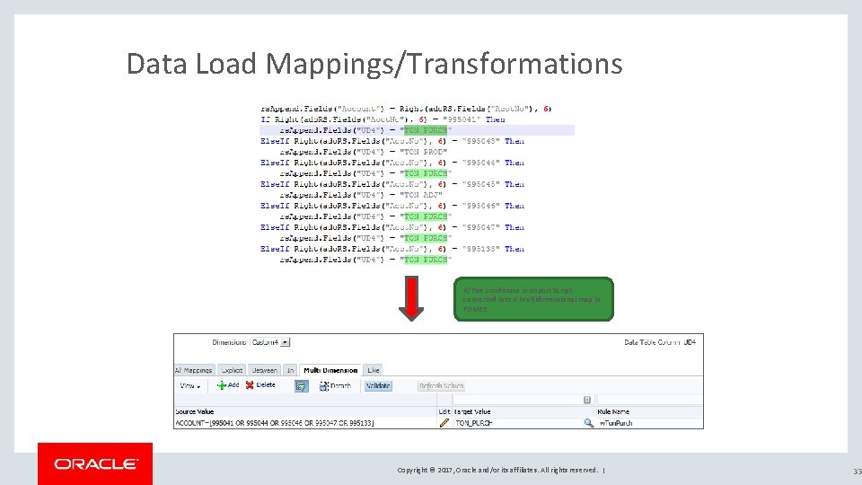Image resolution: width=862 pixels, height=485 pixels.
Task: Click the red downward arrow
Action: [411, 297]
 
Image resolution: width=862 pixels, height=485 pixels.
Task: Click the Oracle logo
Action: [95, 463]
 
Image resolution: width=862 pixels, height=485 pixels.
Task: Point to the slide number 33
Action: [856, 471]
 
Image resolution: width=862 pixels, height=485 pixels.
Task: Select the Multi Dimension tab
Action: [331, 369]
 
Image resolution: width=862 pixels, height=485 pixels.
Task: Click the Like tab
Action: [374, 369]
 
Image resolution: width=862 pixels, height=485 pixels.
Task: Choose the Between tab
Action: [264, 369]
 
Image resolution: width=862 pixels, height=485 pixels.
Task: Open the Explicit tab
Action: [232, 369]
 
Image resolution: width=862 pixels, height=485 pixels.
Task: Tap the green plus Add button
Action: [228, 385]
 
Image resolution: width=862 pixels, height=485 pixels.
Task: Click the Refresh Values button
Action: [441, 385]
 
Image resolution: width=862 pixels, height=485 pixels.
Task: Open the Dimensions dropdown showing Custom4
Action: [271, 342]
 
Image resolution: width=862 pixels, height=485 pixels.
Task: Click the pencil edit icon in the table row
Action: [444, 422]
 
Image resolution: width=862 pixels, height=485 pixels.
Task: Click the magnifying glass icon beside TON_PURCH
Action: [588, 422]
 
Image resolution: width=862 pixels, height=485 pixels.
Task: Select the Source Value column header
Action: [194, 411]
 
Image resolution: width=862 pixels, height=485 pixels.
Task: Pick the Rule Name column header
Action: [614, 411]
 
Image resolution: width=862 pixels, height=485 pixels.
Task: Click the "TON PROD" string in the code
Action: [424, 152]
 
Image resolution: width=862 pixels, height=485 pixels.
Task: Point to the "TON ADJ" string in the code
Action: [422, 195]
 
